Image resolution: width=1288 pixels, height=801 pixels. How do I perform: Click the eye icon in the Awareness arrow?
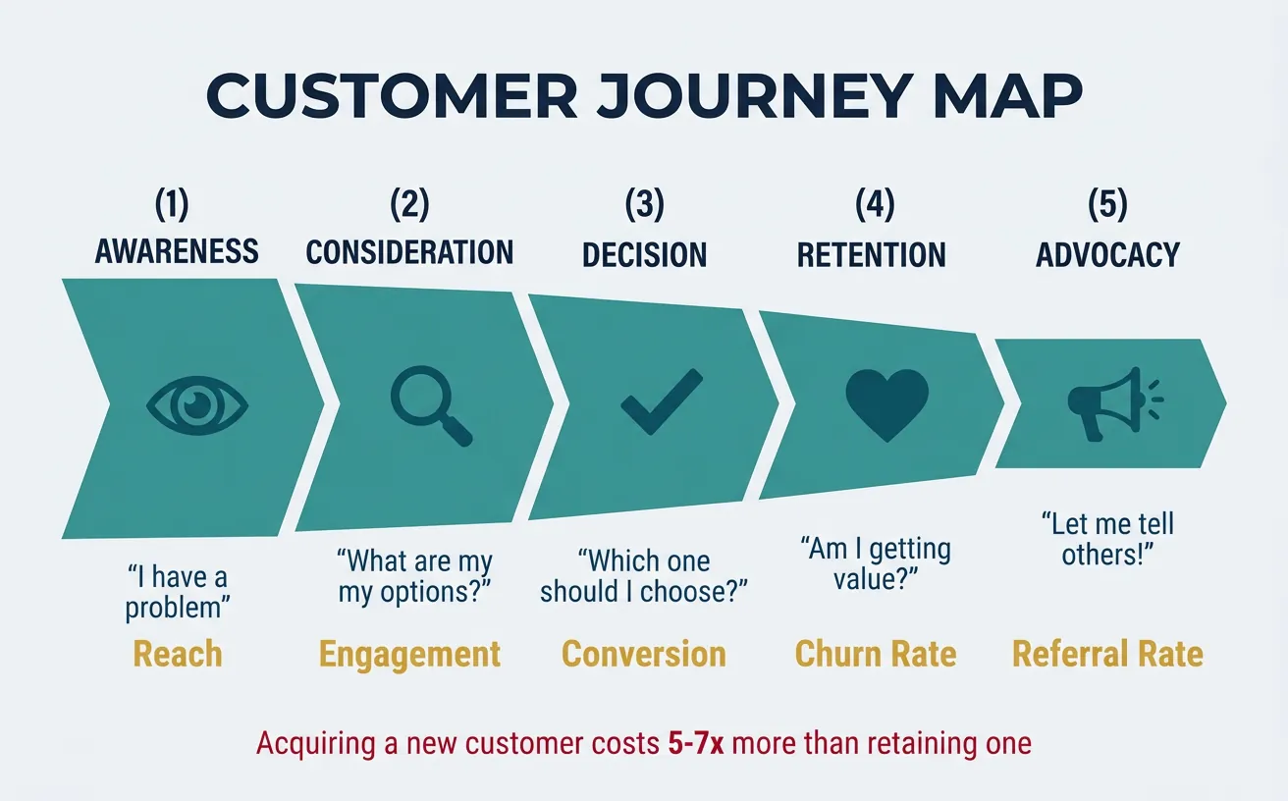(x=197, y=404)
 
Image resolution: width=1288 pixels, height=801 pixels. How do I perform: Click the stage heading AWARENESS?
(x=177, y=251)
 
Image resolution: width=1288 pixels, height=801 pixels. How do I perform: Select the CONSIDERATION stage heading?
(x=409, y=252)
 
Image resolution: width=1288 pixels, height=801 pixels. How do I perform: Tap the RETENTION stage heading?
(x=871, y=254)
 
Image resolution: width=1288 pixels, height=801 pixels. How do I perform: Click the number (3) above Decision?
(x=644, y=205)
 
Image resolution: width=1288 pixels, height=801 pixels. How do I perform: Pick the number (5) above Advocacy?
(x=1107, y=205)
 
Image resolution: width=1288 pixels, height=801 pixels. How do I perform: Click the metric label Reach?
(x=177, y=654)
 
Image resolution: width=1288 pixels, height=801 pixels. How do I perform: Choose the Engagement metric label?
(x=409, y=654)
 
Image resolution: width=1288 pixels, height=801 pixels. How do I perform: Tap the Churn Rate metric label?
(x=875, y=654)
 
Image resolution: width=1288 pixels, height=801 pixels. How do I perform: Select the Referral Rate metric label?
(x=1107, y=654)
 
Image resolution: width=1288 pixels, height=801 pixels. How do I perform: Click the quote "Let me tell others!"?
(x=1107, y=538)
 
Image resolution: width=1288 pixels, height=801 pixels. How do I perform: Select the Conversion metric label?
(x=643, y=654)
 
